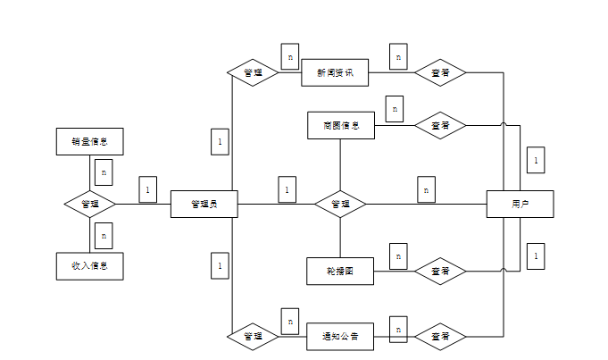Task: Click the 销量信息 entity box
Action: tap(88, 141)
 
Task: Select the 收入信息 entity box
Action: tap(88, 266)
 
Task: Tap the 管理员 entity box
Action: tap(204, 204)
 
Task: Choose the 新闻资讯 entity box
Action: tap(335, 72)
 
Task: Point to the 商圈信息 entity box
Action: tap(341, 126)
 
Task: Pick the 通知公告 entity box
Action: tap(340, 337)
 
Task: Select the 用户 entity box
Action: tap(520, 204)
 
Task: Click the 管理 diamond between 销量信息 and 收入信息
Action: tap(90, 204)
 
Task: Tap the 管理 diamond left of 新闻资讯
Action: tap(253, 72)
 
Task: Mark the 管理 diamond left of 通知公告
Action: tap(253, 337)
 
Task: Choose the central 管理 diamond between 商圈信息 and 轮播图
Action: tap(340, 204)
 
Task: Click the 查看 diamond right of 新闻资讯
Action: tap(440, 72)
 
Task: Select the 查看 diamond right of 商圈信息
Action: tap(440, 126)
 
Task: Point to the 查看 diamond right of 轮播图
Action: tap(440, 271)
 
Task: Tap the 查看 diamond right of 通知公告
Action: tap(440, 337)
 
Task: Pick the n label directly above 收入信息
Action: tap(104, 236)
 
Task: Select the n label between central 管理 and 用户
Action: tap(426, 189)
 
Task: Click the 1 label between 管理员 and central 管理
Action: tap(287, 189)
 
